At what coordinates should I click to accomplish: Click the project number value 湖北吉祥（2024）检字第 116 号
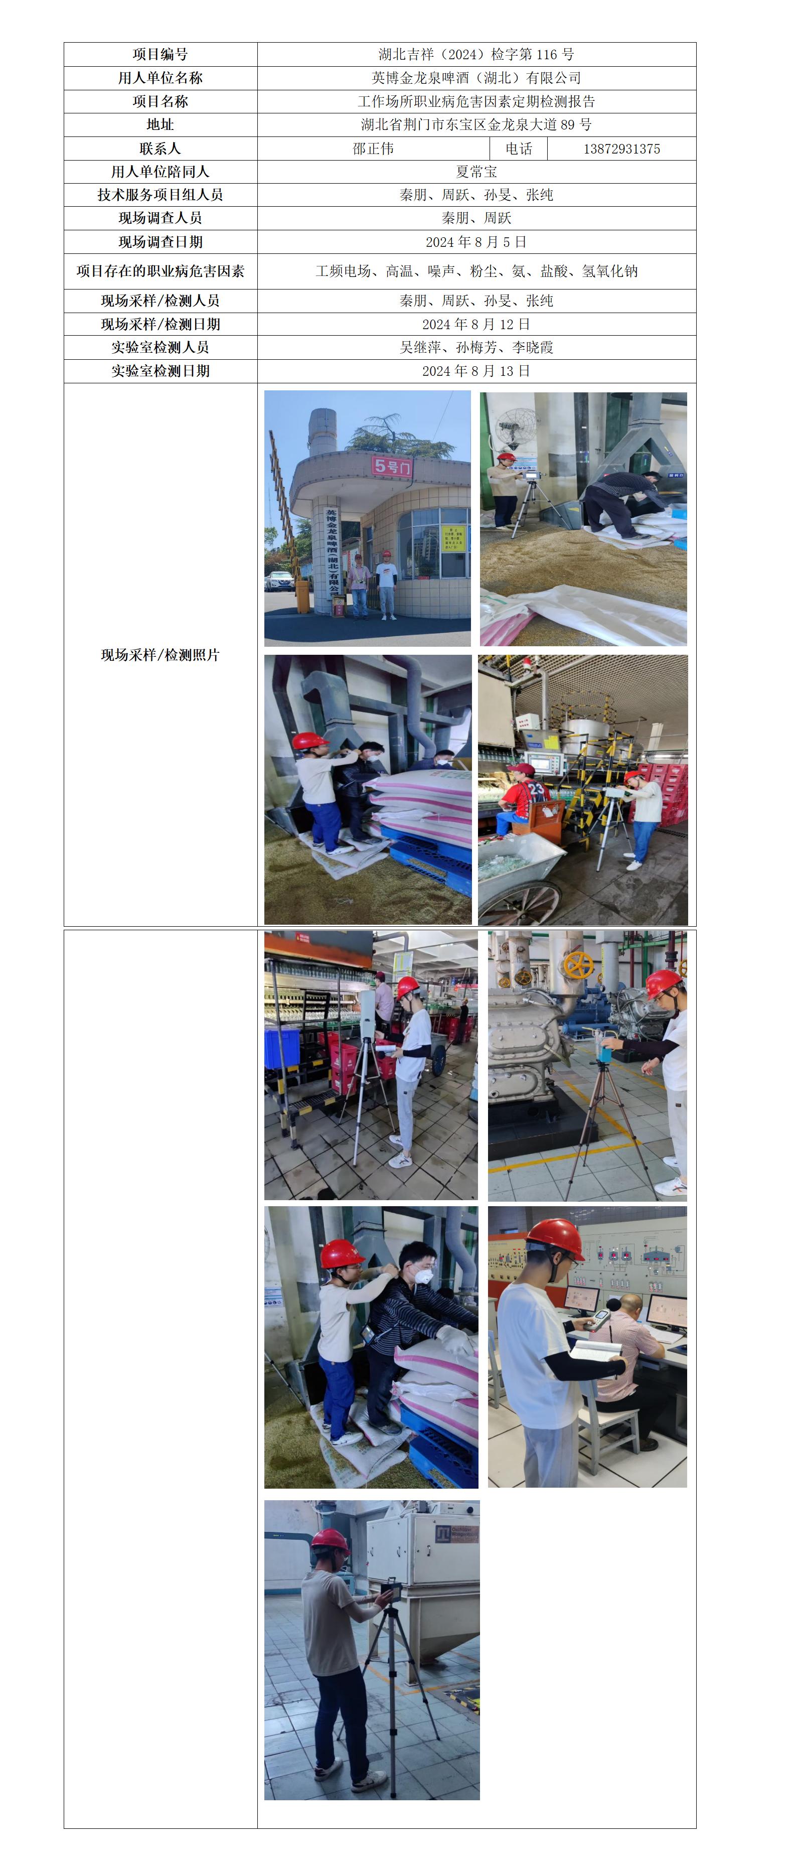click(476, 55)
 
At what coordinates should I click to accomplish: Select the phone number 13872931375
click(621, 149)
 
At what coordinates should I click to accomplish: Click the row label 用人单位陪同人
click(160, 172)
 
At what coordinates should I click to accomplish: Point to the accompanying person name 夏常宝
click(476, 172)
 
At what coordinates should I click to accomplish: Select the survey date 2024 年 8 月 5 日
click(476, 242)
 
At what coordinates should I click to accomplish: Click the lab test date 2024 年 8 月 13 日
click(476, 371)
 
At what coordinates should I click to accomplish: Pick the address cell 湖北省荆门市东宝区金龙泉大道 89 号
click(476, 125)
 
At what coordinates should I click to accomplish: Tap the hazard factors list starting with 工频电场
click(476, 271)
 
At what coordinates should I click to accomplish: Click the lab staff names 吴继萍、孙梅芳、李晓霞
click(476, 347)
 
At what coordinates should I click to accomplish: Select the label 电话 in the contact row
click(519, 149)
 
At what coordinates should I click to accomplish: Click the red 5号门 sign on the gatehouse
click(391, 466)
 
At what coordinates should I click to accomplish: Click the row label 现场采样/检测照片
click(160, 655)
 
